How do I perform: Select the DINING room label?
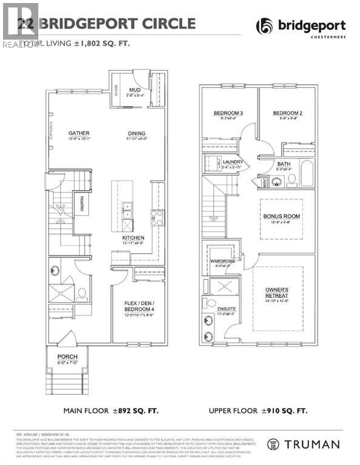pyautogui.click(x=136, y=133)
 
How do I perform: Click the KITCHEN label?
pyautogui.click(x=133, y=238)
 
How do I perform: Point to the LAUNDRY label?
pyautogui.click(x=233, y=162)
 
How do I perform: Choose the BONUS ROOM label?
pyautogui.click(x=282, y=216)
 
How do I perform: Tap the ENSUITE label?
pyautogui.click(x=228, y=309)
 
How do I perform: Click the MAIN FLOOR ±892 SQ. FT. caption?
pyautogui.click(x=111, y=411)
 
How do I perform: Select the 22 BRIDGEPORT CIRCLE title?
pyautogui.click(x=107, y=24)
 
